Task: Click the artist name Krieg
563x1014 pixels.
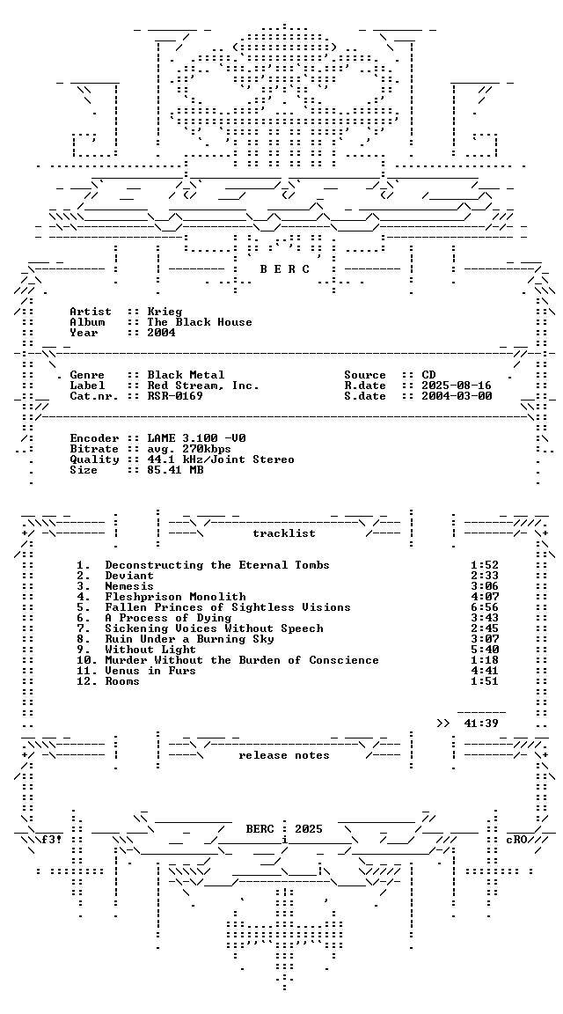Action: tap(165, 312)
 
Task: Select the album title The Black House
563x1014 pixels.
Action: tap(200, 322)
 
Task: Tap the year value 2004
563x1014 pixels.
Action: tap(161, 333)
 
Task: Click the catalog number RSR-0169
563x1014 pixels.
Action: tap(175, 396)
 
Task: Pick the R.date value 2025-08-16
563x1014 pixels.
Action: tap(457, 386)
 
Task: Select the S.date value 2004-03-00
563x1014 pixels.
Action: tap(457, 396)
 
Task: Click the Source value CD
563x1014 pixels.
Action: tap(428, 375)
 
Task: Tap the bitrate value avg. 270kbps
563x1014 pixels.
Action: tap(189, 449)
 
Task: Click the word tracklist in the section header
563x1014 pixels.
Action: tap(284, 533)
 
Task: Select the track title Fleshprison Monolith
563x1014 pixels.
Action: tap(176, 597)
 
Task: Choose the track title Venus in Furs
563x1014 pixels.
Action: tap(150, 671)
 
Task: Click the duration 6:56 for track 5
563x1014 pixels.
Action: tap(485, 607)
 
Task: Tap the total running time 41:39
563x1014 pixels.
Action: tap(481, 723)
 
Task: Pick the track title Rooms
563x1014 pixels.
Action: tap(122, 681)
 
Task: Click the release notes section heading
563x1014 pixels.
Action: tap(284, 755)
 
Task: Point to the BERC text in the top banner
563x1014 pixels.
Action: tap(285, 269)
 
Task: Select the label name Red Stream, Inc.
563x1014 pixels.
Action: tap(203, 386)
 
